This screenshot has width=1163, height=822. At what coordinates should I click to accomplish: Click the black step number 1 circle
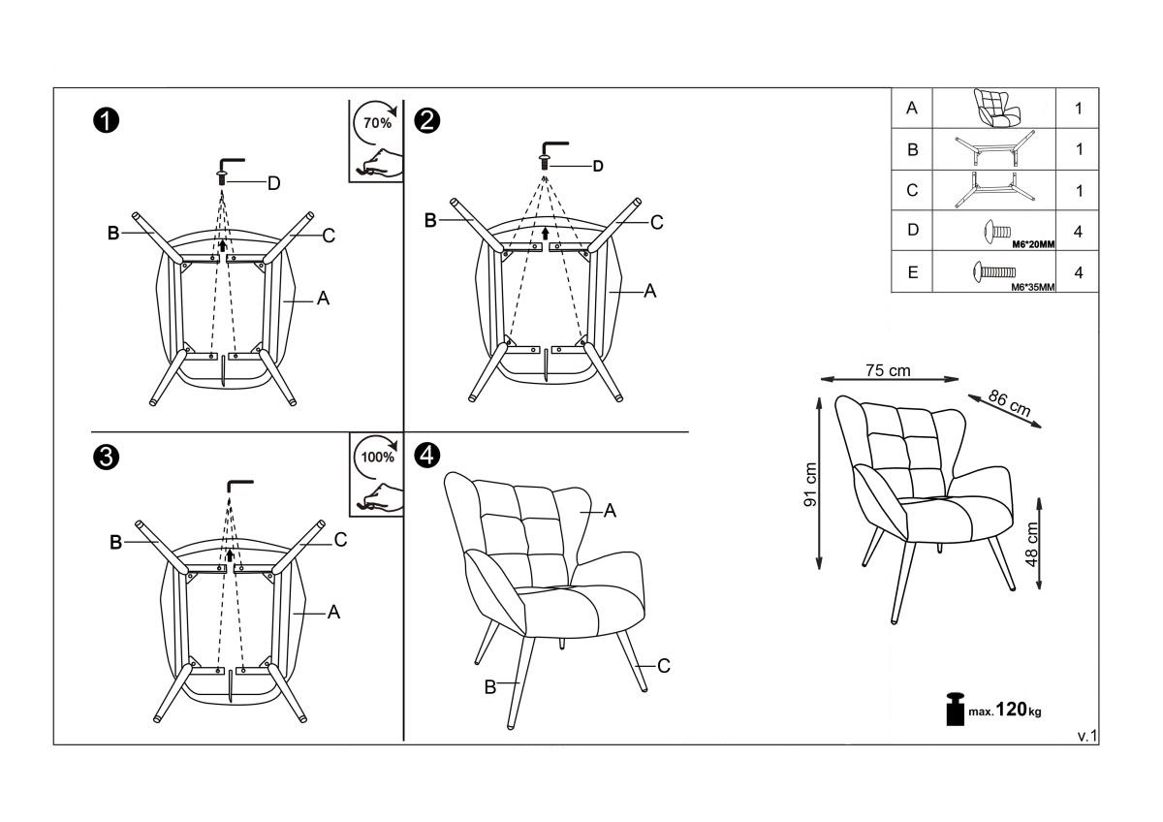click(106, 121)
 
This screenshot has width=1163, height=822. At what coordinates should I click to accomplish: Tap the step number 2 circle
click(426, 121)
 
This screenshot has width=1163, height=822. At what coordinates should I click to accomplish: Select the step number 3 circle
click(106, 458)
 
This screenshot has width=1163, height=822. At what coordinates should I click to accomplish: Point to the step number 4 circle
click(426, 455)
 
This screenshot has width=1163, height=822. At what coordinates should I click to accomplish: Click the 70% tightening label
click(377, 123)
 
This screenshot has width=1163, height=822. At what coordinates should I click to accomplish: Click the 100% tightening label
click(377, 457)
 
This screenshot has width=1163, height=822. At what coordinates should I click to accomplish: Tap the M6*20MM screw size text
click(1033, 244)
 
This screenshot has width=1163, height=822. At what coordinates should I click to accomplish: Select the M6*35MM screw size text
click(1033, 287)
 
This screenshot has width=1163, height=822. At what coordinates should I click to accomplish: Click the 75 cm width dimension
click(888, 370)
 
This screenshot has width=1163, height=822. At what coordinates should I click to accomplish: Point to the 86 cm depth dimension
click(1009, 403)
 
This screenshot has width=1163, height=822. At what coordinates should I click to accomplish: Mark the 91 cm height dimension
click(810, 484)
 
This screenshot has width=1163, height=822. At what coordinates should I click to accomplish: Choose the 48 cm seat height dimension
click(1031, 544)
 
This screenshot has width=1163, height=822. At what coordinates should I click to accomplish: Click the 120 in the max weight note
click(1012, 709)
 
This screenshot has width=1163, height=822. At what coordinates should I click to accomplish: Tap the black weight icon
click(955, 709)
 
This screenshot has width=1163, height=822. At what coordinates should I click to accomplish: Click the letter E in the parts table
click(912, 272)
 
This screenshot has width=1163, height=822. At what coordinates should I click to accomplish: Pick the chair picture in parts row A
click(996, 108)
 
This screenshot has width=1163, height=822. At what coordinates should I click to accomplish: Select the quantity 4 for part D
click(1078, 232)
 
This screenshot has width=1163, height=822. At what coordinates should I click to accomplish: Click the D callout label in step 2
click(598, 166)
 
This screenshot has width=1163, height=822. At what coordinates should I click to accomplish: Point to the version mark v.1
click(1086, 736)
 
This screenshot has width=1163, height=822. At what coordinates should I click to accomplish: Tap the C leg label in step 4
click(664, 666)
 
